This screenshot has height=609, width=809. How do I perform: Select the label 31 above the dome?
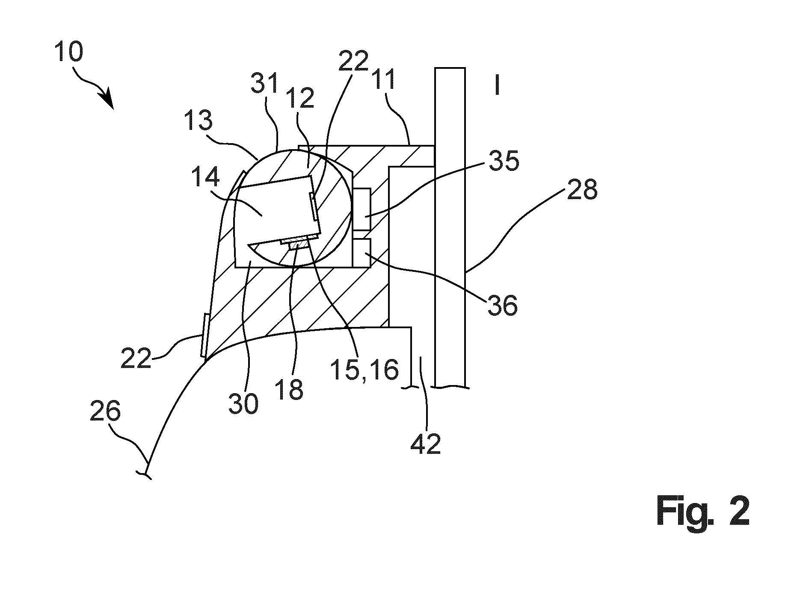265,83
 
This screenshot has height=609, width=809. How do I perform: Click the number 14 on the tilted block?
205,177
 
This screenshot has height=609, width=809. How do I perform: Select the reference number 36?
502,305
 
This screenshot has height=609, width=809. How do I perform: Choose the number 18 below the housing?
290,389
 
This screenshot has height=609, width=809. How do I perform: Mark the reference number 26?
106,413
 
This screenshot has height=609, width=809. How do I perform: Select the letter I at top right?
496,85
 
